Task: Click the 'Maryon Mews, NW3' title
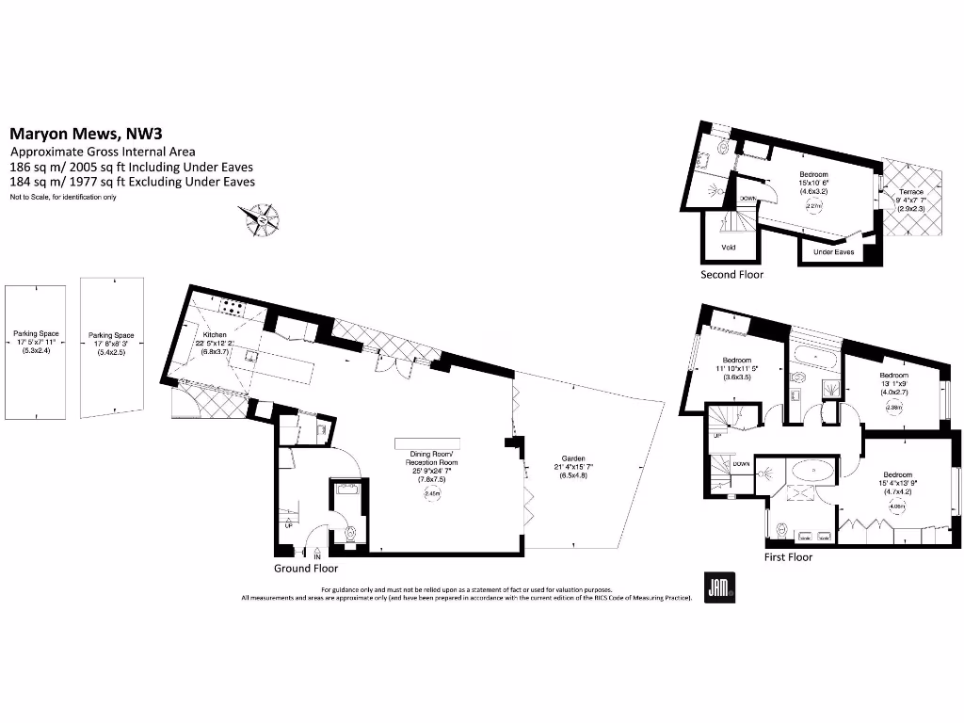point(78,135)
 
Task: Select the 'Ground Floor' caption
point(306,568)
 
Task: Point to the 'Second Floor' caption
point(731,274)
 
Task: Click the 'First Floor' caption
point(788,557)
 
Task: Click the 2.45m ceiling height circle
point(433,492)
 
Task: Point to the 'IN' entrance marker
point(316,555)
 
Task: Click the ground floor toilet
point(350,532)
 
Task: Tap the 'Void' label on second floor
point(729,248)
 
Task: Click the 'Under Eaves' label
point(833,251)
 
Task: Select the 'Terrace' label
point(909,191)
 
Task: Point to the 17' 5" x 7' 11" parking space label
point(36,341)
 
